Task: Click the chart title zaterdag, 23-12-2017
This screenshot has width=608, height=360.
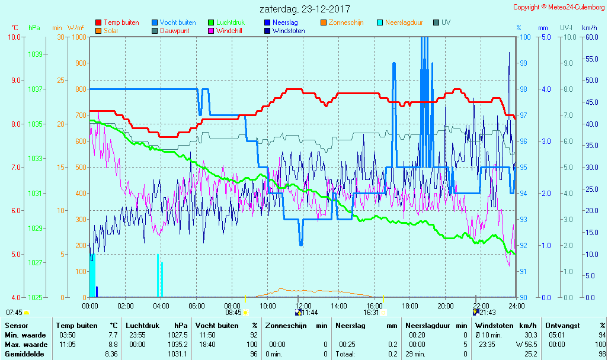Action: pyautogui.click(x=305, y=9)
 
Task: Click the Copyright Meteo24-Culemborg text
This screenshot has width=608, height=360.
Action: pyautogui.click(x=559, y=7)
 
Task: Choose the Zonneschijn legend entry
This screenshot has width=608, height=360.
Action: pyautogui.click(x=346, y=22)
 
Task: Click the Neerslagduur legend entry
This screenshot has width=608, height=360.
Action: pyautogui.click(x=404, y=22)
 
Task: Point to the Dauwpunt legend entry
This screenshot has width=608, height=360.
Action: pyautogui.click(x=174, y=31)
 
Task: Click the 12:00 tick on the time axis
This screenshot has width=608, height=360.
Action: pyautogui.click(x=303, y=306)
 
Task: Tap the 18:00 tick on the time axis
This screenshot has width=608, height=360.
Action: pyautogui.click(x=410, y=306)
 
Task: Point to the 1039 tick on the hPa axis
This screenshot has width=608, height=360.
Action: pyautogui.click(x=35, y=54)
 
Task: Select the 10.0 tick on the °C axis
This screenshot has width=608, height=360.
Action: pyautogui.click(x=15, y=37)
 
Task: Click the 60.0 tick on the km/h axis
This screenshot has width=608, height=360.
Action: pyautogui.click(x=589, y=37)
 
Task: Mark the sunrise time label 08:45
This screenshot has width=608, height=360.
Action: pyautogui.click(x=233, y=313)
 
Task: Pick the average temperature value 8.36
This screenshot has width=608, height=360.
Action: pyautogui.click(x=111, y=354)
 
